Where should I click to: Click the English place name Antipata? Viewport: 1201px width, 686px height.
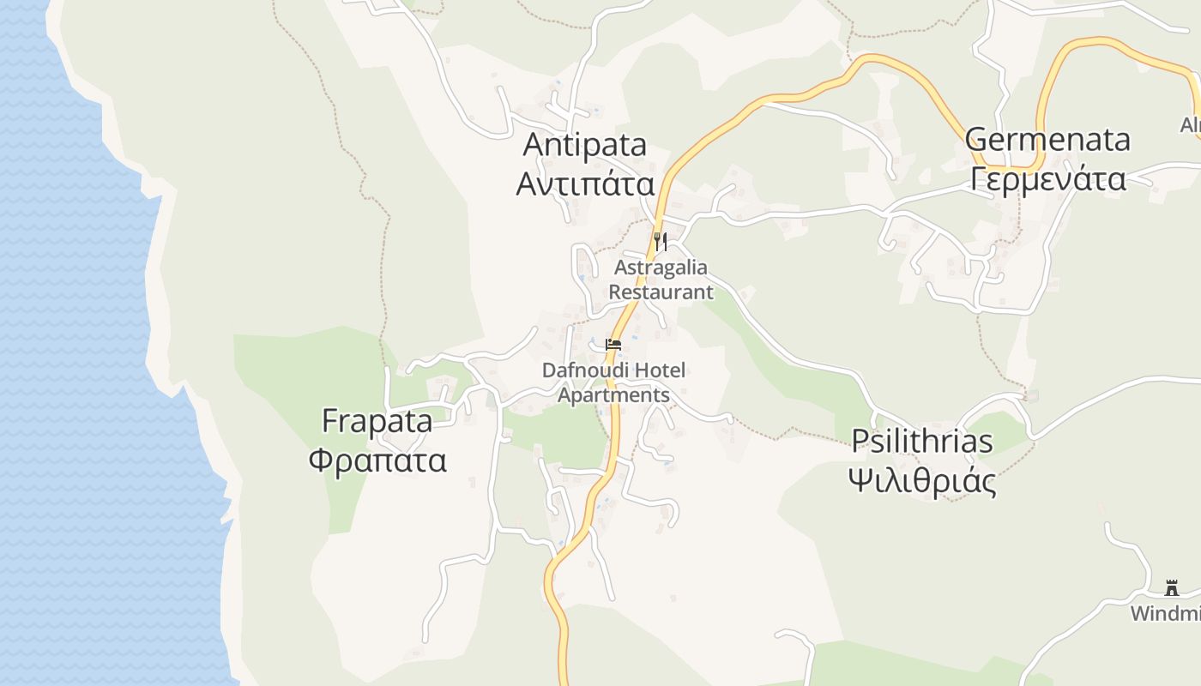point(584,145)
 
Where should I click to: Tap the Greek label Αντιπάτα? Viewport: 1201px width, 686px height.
point(584,184)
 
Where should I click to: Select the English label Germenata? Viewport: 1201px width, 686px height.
point(1047,139)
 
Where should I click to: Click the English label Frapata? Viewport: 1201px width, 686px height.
point(377,421)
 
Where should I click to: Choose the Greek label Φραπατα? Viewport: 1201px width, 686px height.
point(377,460)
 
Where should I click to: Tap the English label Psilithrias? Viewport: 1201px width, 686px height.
point(921,441)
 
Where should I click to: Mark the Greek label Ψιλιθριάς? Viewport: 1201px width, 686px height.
point(921,481)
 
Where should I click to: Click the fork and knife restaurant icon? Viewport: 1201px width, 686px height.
point(660,241)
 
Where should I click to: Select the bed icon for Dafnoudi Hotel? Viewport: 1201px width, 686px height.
point(613,345)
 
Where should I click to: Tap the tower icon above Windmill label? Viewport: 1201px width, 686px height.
point(1171,587)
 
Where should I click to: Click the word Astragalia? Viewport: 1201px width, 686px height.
point(661,268)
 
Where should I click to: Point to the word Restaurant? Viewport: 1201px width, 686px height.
point(661,292)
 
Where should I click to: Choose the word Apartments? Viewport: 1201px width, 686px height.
point(613,394)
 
